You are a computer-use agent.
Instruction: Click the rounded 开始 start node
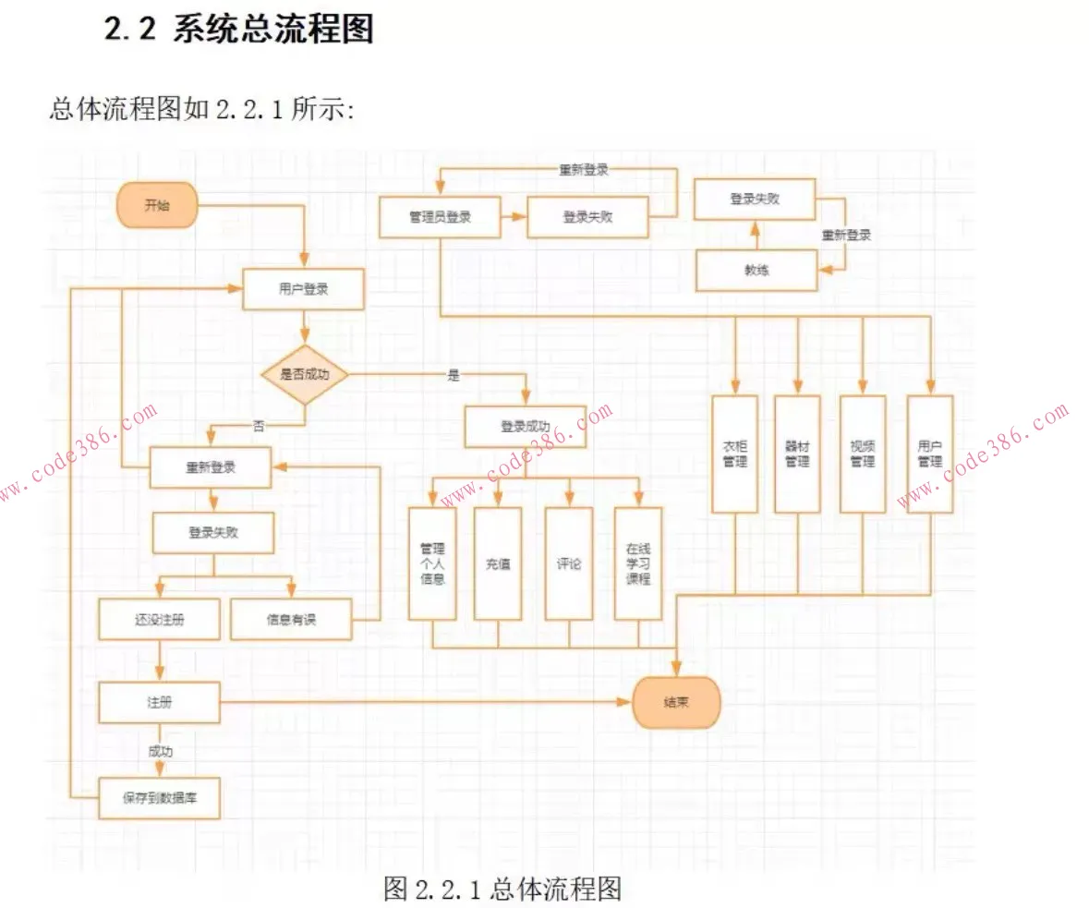click(x=157, y=205)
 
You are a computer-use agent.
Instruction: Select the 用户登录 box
click(x=303, y=289)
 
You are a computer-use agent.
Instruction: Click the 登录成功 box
click(x=525, y=427)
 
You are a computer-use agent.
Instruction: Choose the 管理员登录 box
click(x=440, y=217)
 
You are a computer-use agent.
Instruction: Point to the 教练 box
click(x=756, y=271)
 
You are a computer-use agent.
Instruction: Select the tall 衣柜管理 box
click(x=735, y=454)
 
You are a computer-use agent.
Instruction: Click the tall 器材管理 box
click(x=797, y=454)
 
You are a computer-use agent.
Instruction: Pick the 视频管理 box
click(x=863, y=454)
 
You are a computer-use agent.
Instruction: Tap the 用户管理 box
click(x=929, y=454)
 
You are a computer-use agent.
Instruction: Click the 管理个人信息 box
click(x=432, y=563)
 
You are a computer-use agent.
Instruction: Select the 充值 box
click(x=498, y=563)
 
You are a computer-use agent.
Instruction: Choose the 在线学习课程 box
click(x=638, y=563)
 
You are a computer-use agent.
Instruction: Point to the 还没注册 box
click(x=160, y=620)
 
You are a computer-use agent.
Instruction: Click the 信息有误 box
click(x=291, y=620)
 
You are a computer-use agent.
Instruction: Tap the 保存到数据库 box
click(x=160, y=798)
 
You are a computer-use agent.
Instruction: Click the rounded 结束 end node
click(x=676, y=702)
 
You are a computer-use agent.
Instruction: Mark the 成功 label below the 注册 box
click(x=160, y=750)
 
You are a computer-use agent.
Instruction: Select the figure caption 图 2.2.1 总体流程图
click(x=502, y=889)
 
